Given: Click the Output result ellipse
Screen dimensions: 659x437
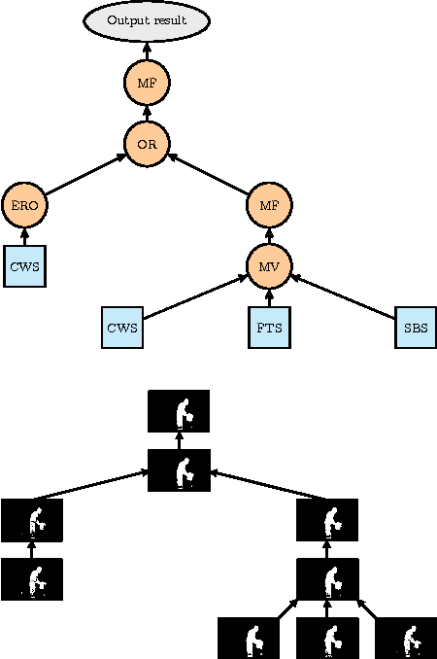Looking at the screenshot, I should [147, 20].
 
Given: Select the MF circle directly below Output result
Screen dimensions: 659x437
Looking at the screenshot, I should [147, 83].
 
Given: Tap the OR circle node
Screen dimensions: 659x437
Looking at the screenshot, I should [147, 144].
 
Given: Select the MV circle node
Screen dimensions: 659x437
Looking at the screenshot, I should [269, 265].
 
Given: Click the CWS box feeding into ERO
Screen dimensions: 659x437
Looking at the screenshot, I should [25, 265].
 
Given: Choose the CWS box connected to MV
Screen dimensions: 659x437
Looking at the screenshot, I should [123, 328].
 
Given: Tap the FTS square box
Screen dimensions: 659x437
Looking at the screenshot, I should [269, 328].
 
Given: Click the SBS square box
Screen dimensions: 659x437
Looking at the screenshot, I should [416, 328].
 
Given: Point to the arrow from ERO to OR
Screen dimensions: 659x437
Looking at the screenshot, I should [85, 174].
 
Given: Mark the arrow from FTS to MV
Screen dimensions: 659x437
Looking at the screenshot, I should [269, 297].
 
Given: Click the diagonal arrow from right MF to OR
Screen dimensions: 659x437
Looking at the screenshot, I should [208, 174].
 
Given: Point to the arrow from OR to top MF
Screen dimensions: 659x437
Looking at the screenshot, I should [147, 114].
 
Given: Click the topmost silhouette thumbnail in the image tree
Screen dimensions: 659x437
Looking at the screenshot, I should [178, 411].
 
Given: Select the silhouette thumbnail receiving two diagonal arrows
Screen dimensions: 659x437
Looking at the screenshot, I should [178, 470].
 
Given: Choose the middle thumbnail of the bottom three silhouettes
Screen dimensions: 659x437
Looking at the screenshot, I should [327, 638].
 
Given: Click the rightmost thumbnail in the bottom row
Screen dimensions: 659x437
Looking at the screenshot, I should [406, 638].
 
